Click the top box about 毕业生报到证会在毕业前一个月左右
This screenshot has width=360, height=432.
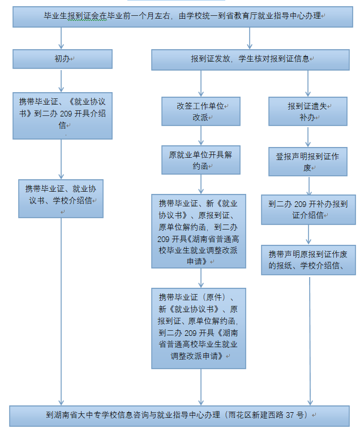(x=181, y=17)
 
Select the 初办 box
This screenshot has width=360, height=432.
(x=62, y=59)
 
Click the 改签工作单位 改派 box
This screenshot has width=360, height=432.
(x=200, y=111)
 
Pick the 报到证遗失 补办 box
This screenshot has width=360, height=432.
(x=308, y=111)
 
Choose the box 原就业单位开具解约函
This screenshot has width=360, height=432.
(x=200, y=160)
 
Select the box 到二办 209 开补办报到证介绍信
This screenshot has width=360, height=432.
(x=308, y=209)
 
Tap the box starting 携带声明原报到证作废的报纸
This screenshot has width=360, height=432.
(x=308, y=260)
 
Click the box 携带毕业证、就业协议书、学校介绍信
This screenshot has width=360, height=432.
(x=61, y=198)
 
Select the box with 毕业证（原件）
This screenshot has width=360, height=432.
(x=199, y=327)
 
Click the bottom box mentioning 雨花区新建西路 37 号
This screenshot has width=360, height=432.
(x=180, y=415)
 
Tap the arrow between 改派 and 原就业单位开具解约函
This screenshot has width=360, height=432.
(x=200, y=135)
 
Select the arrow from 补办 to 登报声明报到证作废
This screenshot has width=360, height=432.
(x=308, y=136)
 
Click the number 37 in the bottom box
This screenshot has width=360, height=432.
(x=292, y=415)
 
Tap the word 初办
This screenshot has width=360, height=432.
(x=62, y=59)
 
